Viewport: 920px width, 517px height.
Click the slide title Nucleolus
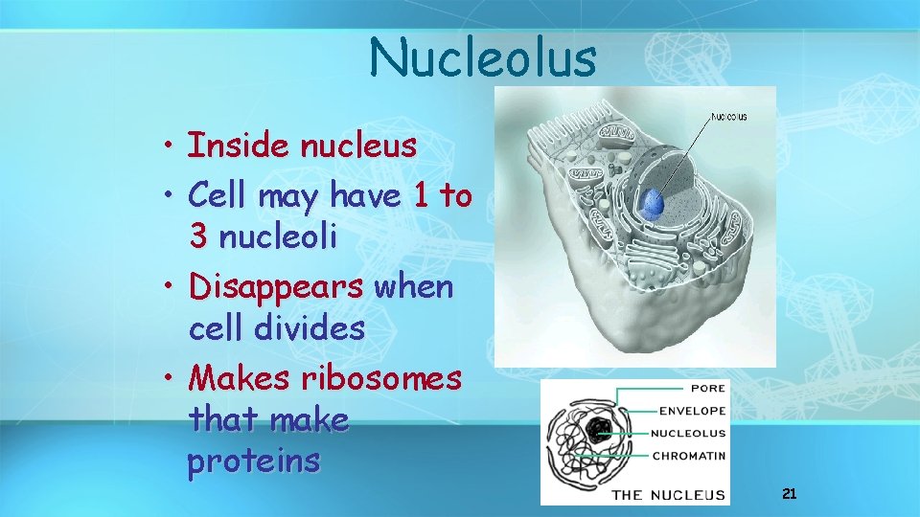tap(483, 57)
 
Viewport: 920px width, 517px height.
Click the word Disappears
tap(276, 286)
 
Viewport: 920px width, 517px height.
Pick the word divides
tap(310, 328)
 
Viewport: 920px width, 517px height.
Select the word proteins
tap(254, 461)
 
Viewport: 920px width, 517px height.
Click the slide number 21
tap(790, 494)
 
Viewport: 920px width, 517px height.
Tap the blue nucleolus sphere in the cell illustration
tap(653, 202)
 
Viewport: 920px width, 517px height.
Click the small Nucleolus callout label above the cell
tap(728, 117)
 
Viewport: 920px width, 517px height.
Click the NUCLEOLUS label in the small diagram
tap(688, 433)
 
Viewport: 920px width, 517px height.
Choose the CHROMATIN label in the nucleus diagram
tap(688, 455)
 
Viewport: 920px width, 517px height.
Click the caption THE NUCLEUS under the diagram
tap(668, 494)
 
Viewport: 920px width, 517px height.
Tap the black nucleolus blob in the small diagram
tap(602, 431)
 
